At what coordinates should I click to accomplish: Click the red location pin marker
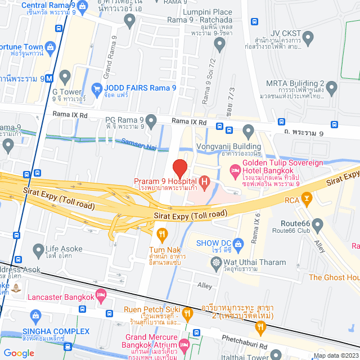(x=179, y=168)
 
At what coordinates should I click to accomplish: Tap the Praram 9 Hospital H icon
(x=205, y=181)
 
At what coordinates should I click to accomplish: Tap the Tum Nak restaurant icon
(x=162, y=233)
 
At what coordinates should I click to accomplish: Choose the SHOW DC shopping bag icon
(x=238, y=244)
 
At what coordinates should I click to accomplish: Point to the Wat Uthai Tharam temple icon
(x=216, y=263)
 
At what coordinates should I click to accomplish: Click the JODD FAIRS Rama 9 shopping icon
(x=97, y=88)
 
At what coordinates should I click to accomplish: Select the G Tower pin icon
(x=65, y=76)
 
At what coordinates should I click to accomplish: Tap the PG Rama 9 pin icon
(x=151, y=120)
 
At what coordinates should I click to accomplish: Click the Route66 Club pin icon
(x=317, y=226)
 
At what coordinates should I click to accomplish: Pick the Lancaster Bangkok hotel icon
(x=101, y=294)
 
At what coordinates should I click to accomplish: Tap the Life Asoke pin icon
(x=38, y=249)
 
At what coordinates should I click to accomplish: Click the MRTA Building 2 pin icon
(x=332, y=87)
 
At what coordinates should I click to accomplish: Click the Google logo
(x=19, y=353)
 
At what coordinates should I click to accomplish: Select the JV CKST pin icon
(x=307, y=39)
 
